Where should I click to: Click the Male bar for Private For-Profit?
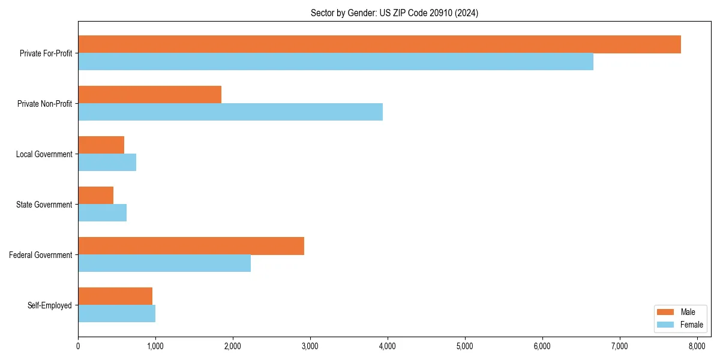(x=379, y=44)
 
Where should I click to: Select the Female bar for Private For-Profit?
(x=335, y=62)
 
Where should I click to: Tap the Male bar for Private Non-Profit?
(x=149, y=95)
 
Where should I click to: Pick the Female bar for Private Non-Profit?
(x=230, y=112)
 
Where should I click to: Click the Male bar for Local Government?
(x=101, y=145)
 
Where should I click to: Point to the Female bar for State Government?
(x=102, y=213)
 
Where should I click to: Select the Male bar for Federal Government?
(x=191, y=246)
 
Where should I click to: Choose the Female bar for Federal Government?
(x=164, y=263)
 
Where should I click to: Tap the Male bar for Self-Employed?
(x=115, y=296)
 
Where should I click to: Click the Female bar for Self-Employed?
(x=116, y=314)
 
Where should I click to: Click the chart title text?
(x=394, y=13)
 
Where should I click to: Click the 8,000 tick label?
(x=697, y=346)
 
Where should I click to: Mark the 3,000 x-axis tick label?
(x=310, y=346)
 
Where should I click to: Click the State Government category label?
(x=44, y=205)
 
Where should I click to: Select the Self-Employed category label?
(x=50, y=305)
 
